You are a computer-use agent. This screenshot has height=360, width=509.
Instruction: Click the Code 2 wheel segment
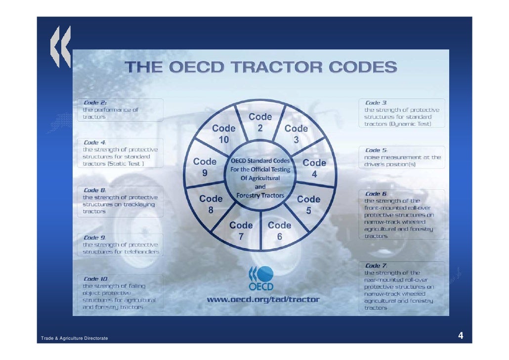click(260, 122)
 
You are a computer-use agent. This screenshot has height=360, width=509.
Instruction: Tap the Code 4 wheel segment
click(314, 168)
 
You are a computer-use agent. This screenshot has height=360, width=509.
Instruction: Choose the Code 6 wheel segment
click(279, 230)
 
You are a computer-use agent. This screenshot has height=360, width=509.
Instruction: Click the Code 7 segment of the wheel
click(241, 230)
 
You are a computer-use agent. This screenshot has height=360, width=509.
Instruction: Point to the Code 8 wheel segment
click(211, 204)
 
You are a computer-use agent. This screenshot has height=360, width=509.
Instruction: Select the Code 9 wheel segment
click(205, 167)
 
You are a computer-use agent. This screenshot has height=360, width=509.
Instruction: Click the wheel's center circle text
click(260, 178)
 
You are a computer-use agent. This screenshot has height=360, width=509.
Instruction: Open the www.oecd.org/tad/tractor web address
click(263, 299)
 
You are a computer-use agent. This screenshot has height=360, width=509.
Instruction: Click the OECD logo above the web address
click(260, 278)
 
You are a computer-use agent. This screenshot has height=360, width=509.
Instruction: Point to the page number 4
click(461, 337)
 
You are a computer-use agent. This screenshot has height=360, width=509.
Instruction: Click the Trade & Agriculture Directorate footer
click(75, 338)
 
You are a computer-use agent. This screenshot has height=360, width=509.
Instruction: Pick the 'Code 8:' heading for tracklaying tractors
click(95, 190)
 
